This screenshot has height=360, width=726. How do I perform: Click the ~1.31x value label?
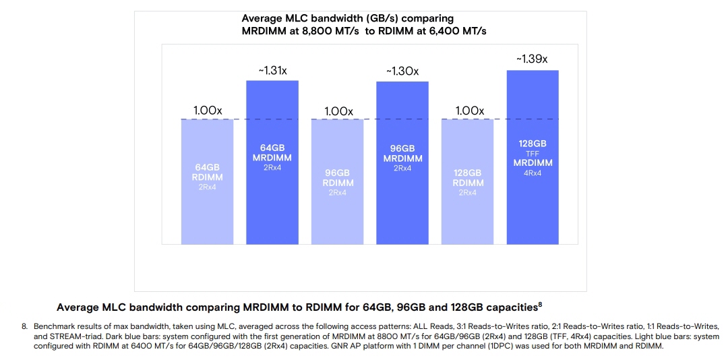point(272,71)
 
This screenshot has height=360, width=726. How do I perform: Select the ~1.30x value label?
point(402,71)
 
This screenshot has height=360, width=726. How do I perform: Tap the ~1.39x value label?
point(532,59)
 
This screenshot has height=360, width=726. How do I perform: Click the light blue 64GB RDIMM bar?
point(207,202)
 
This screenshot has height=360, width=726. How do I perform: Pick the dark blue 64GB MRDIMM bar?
point(272,196)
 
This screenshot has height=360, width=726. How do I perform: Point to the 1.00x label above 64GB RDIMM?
point(207,111)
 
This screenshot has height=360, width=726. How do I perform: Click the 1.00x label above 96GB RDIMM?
point(338,111)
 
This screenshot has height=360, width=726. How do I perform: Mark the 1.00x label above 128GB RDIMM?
point(468,111)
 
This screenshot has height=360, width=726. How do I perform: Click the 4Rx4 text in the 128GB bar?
point(533,173)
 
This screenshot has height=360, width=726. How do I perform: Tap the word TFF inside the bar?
point(533,154)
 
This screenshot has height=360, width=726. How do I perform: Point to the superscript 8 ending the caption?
point(539,305)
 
